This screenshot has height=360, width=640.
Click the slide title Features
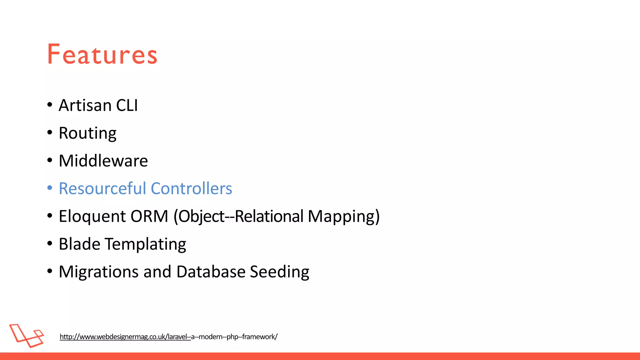point(102,54)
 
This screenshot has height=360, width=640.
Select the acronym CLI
point(127,105)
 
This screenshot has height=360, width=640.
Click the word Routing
point(87,133)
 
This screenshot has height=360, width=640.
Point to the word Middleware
point(103,161)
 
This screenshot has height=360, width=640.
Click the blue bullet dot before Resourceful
point(50,188)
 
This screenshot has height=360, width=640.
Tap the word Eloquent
point(92,216)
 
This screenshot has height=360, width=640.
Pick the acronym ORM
point(149,216)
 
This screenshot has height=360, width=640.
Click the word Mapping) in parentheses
point(344,216)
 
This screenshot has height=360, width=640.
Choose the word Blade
point(79,244)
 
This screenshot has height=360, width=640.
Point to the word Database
point(211,272)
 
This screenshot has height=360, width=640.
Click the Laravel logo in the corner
point(27,336)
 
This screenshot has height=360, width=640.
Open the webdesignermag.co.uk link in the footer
point(168,337)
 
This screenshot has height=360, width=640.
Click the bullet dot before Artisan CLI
point(50,105)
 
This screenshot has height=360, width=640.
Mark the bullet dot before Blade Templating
point(50,243)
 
